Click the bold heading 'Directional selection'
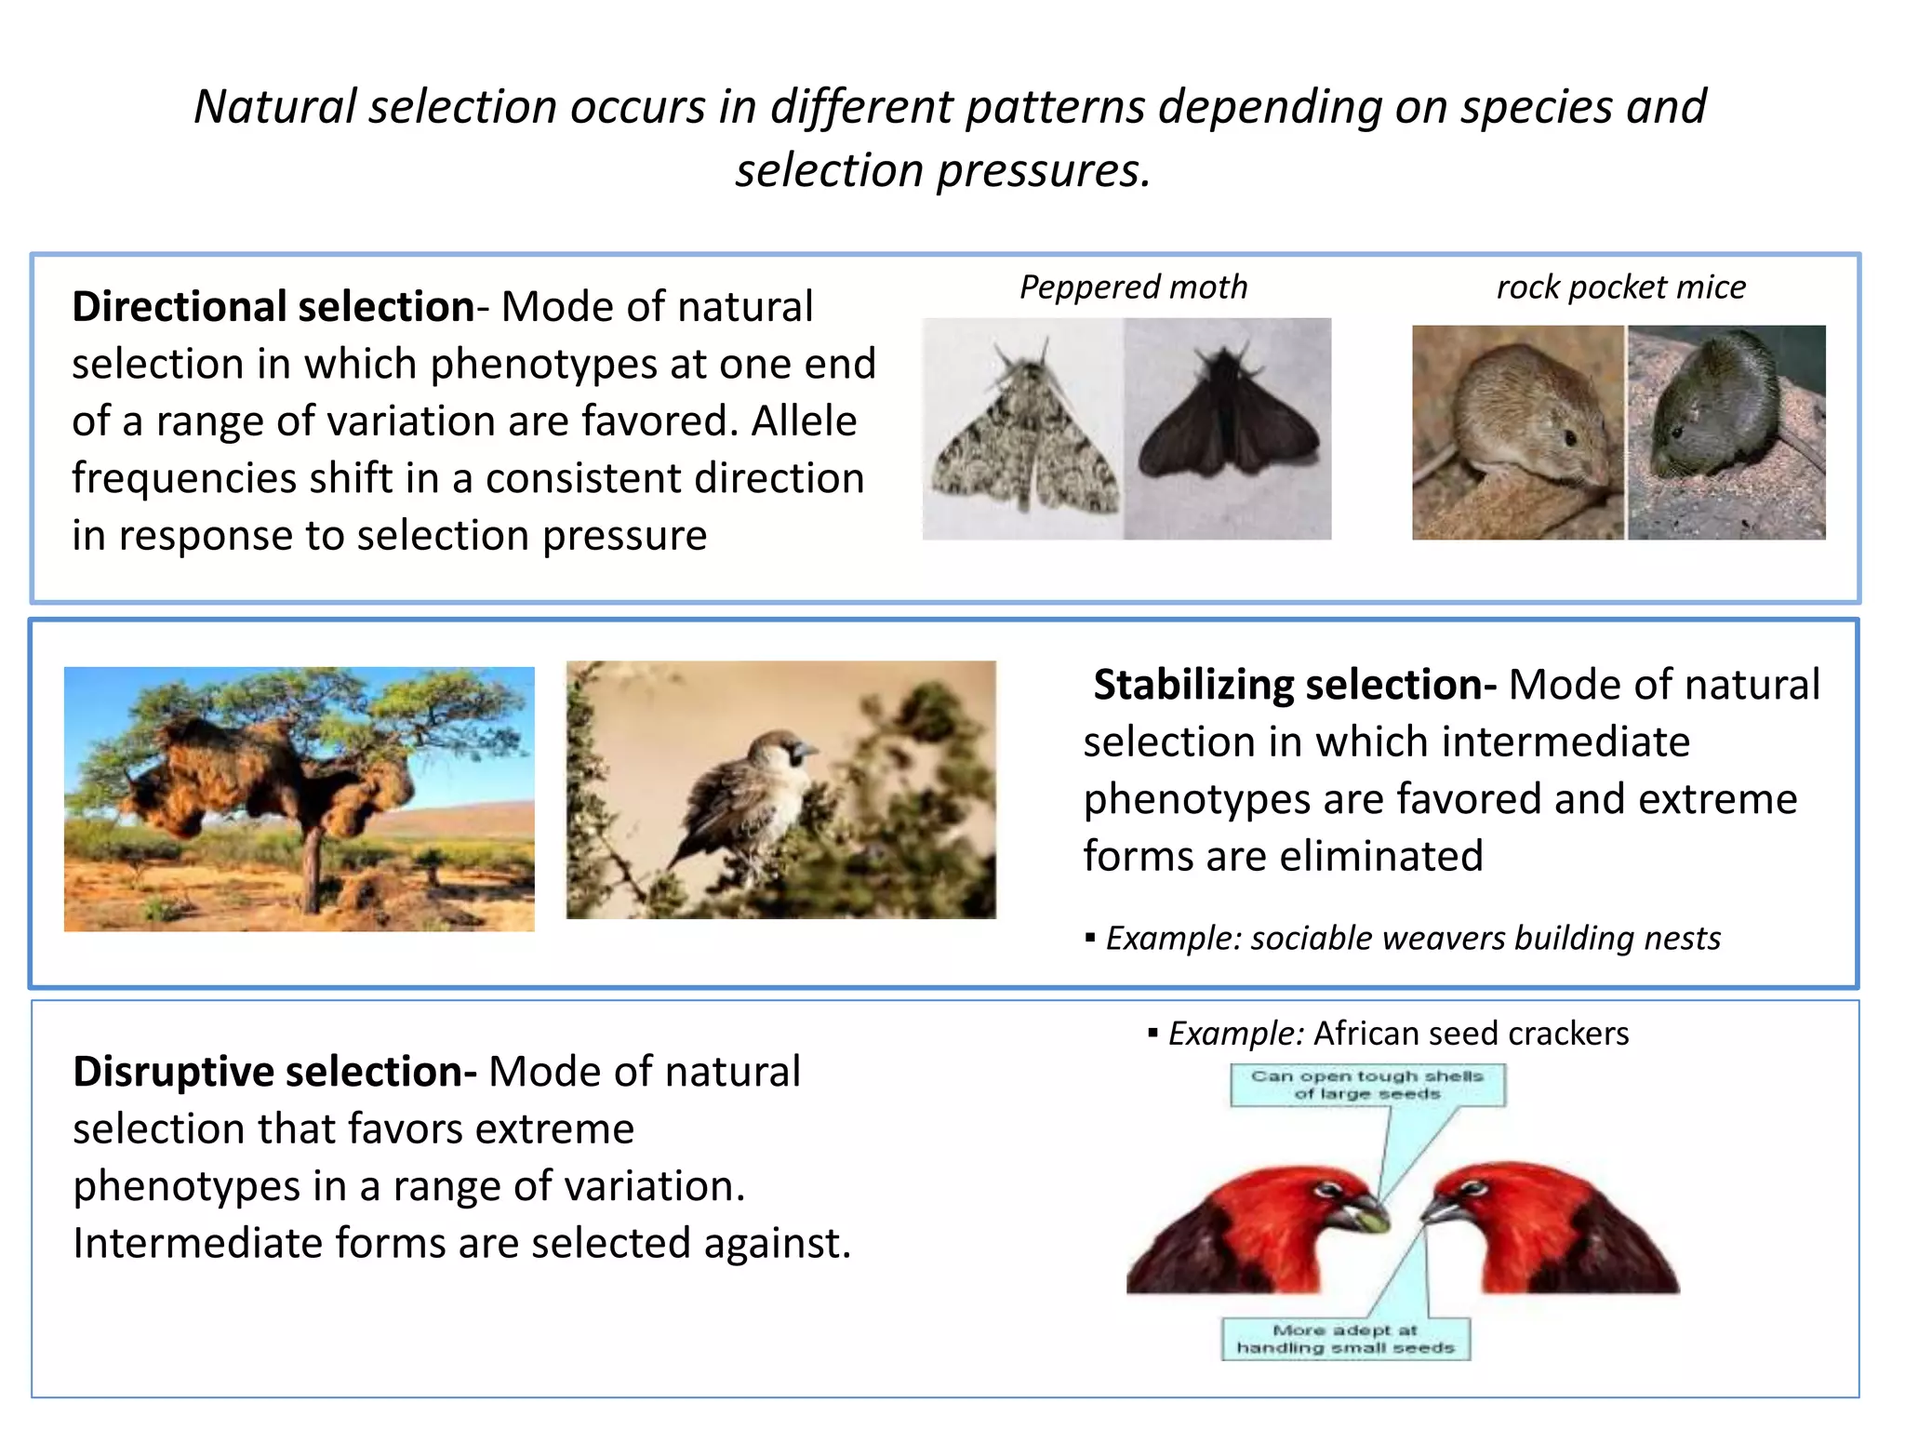pos(273,307)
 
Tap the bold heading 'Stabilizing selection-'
pos(1294,686)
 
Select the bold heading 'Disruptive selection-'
pos(274,1072)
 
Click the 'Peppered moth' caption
pos(1133,287)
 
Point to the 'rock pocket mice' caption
pos(1620,287)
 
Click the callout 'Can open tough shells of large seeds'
pos(1366,1085)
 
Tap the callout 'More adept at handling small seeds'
pos(1345,1339)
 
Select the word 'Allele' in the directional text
pos(804,421)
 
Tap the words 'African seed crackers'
pos(1471,1034)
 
